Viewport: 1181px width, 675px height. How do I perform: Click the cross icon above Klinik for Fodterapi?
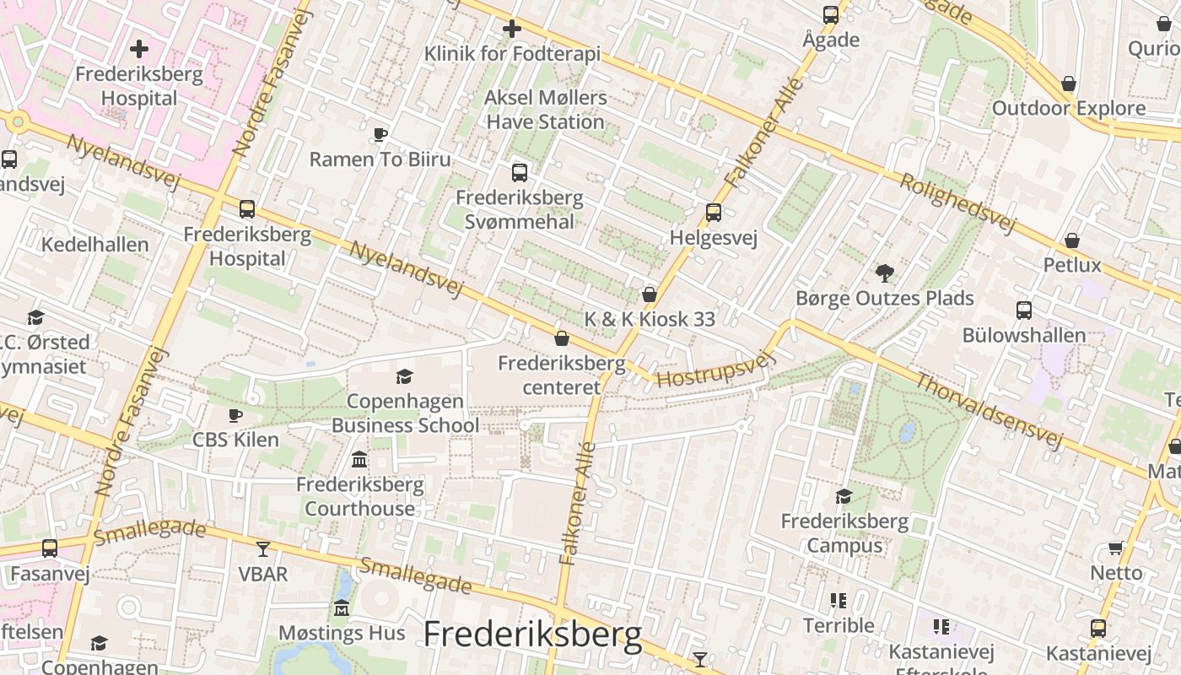click(x=511, y=30)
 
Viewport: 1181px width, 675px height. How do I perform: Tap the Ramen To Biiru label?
click(x=380, y=159)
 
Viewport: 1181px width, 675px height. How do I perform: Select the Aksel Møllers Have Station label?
click(x=546, y=110)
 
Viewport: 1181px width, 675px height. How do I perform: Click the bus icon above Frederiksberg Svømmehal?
click(x=520, y=173)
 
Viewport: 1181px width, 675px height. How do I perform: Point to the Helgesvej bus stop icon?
click(x=714, y=213)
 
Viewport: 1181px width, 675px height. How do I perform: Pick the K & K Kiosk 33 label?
click(x=650, y=319)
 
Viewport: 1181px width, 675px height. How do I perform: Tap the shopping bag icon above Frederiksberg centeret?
click(x=562, y=338)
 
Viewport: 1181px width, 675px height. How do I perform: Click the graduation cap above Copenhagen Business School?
click(x=405, y=376)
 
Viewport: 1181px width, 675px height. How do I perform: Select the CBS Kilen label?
click(x=235, y=439)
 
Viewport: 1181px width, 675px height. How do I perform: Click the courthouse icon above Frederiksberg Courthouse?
click(x=360, y=460)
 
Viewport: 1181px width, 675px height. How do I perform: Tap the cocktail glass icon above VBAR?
click(x=263, y=549)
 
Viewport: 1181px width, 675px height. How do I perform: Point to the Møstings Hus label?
click(x=342, y=633)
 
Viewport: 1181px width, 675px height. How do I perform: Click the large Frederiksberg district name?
click(x=532, y=634)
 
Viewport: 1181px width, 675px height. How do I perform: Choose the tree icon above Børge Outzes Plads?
click(x=884, y=273)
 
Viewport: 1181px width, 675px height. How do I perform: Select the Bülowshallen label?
click(x=1024, y=335)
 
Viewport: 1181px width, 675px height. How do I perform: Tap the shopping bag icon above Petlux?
click(x=1072, y=241)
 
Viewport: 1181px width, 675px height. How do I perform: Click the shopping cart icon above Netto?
click(x=1116, y=548)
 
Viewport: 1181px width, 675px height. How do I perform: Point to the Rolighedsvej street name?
click(x=956, y=202)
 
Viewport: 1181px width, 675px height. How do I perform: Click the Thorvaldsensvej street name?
click(x=988, y=412)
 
